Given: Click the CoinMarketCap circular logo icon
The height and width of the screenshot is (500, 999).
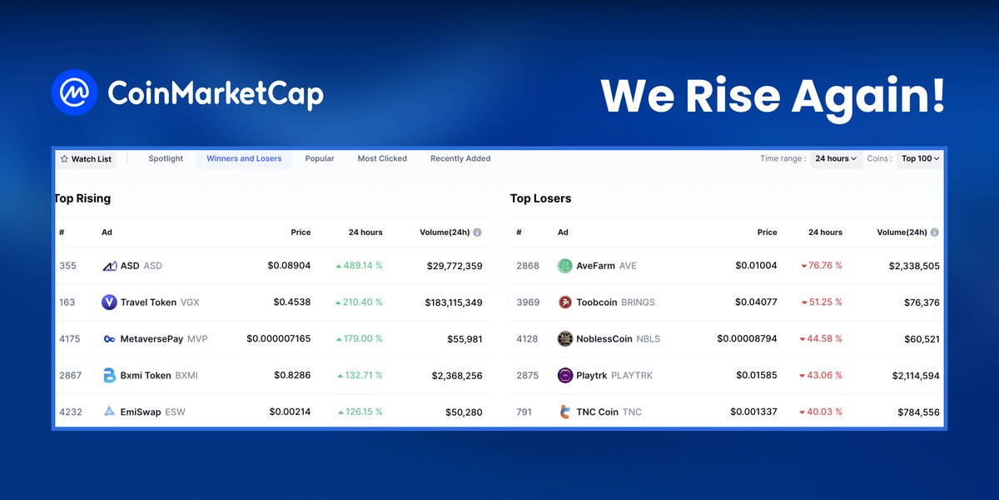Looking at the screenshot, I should point(74,92).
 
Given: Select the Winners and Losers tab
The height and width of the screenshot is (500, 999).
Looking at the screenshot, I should point(244,158).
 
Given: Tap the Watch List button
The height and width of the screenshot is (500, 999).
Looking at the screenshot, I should point(86,159).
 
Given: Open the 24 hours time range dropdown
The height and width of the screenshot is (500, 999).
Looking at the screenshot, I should point(836,158).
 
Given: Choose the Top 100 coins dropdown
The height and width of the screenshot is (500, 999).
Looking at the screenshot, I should point(920,158).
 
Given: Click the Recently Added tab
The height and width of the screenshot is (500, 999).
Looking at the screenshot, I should point(460,158).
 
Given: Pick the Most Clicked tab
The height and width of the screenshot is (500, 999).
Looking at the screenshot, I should point(382,158).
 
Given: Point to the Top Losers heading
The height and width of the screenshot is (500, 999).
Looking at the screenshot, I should point(540,198).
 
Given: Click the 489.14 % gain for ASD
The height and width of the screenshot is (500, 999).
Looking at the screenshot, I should point(360,266).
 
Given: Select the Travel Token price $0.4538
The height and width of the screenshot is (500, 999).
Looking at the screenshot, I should point(292,302).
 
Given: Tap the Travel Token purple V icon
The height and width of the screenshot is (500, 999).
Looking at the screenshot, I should point(109,302).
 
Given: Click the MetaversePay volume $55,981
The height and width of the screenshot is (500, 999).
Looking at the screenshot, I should point(465,339).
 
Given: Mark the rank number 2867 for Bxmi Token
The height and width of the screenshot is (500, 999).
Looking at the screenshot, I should point(71,376).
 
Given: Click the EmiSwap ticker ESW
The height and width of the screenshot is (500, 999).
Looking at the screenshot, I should point(176,412).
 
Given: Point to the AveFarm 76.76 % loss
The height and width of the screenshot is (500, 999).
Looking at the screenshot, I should point(822,266).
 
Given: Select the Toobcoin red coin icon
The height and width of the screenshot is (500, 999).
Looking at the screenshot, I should point(565,302).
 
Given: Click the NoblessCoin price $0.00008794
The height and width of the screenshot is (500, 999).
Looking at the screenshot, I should point(747,339).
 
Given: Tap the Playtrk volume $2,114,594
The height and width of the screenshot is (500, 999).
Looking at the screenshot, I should point(907,376).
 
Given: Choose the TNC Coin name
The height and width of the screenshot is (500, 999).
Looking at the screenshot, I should point(597,412).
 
